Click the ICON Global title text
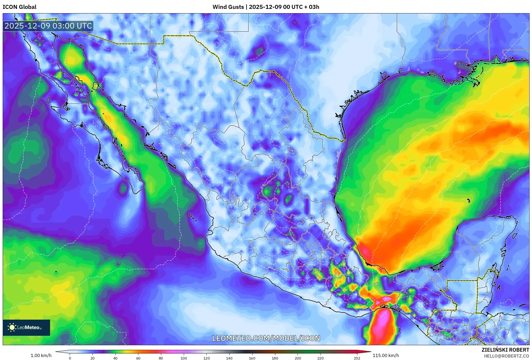[19, 7]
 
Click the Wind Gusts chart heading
[266, 7]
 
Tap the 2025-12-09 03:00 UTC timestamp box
[48, 26]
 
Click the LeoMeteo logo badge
[26, 327]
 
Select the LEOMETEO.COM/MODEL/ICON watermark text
[266, 338]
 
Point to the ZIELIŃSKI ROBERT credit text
[505, 350]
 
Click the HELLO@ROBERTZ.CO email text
[506, 356]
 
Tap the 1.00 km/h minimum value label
[41, 355]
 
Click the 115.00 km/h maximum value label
[385, 355]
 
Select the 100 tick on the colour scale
[184, 358]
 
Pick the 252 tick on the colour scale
[357, 358]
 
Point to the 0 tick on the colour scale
[70, 358]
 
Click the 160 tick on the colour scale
[252, 358]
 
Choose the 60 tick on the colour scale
[138, 358]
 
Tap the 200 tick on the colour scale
[298, 358]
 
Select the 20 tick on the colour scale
[93, 358]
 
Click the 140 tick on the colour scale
[229, 358]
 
